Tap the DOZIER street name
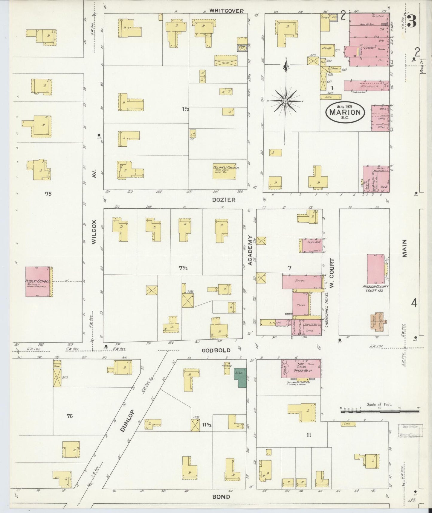(224, 200)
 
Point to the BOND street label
(221, 497)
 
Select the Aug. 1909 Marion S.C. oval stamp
(345, 112)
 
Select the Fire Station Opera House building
(301, 369)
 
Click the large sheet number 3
(412, 22)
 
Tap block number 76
(70, 416)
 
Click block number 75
(48, 194)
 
